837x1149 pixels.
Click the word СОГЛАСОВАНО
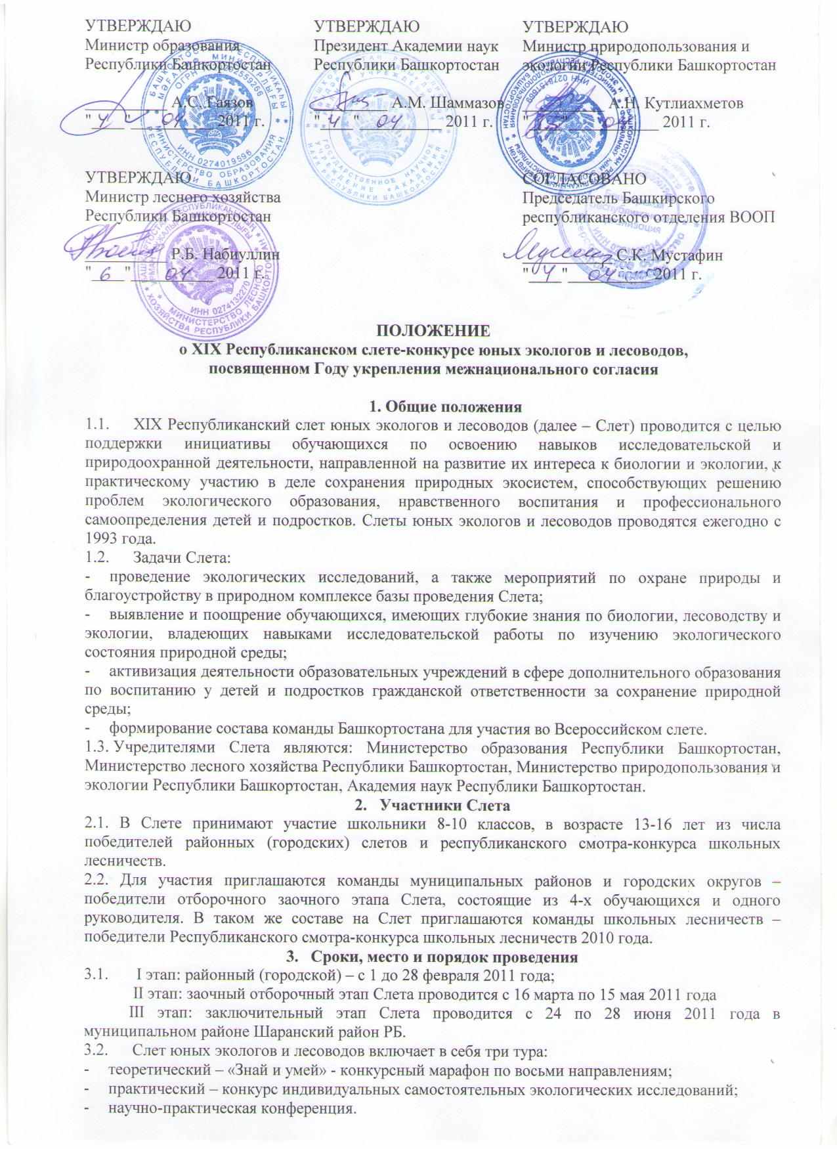click(584, 178)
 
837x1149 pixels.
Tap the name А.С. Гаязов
click(210, 102)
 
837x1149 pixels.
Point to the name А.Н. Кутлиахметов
click(676, 103)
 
